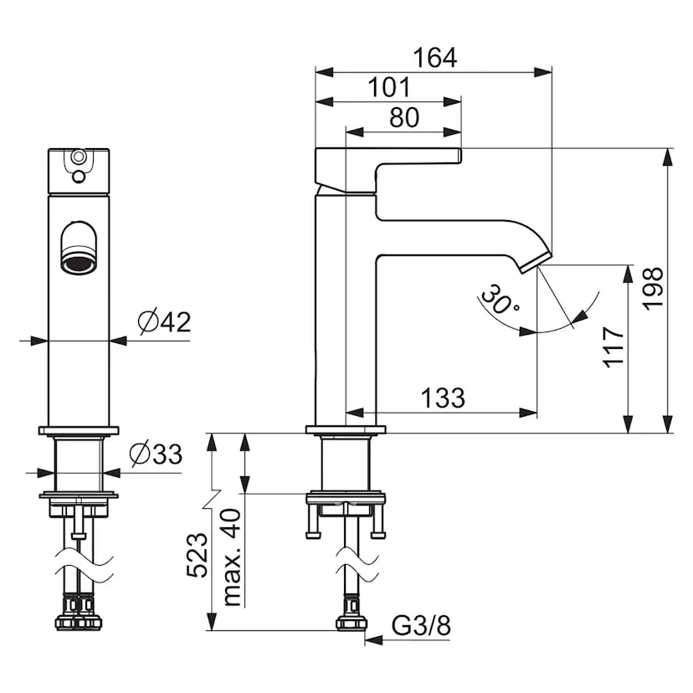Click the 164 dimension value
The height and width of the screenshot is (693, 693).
pyautogui.click(x=435, y=58)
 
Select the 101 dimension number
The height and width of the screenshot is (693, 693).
pyautogui.click(x=389, y=87)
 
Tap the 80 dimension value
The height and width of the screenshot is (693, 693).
pyautogui.click(x=404, y=117)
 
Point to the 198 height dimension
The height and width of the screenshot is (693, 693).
pyautogui.click(x=652, y=289)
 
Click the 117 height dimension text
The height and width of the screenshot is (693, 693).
pyautogui.click(x=613, y=347)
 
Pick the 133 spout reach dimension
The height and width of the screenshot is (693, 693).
pyautogui.click(x=443, y=398)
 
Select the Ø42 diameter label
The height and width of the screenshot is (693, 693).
pyautogui.click(x=164, y=321)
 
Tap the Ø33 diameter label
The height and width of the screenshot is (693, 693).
pyautogui.click(x=156, y=454)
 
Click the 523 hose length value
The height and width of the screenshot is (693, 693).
pyautogui.click(x=198, y=555)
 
